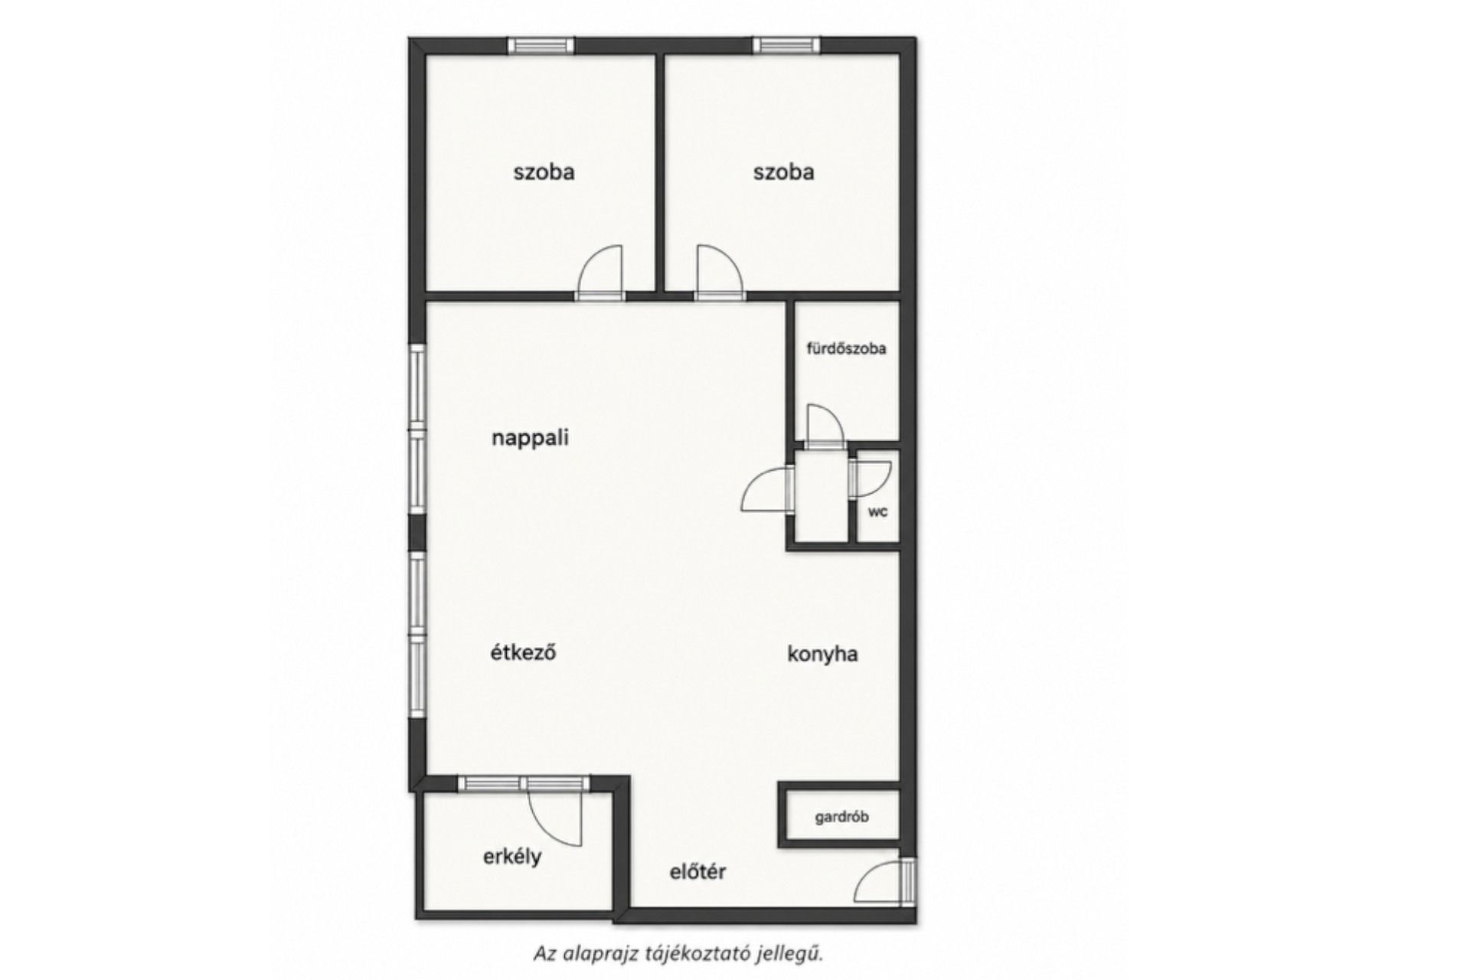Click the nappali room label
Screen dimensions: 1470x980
click(x=530, y=438)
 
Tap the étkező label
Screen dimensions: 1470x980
click(x=523, y=652)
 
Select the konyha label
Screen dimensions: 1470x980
click(x=822, y=654)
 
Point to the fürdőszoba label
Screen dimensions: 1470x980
click(x=846, y=348)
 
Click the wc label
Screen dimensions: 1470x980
click(x=877, y=511)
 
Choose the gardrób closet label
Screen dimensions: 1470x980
click(x=841, y=817)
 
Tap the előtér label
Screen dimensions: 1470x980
click(x=697, y=871)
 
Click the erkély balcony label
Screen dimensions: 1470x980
click(x=512, y=857)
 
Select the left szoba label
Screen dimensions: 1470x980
click(x=544, y=171)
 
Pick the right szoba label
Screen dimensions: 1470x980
click(x=783, y=171)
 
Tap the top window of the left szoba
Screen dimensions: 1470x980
click(x=541, y=45)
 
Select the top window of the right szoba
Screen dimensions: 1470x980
click(x=786, y=45)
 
